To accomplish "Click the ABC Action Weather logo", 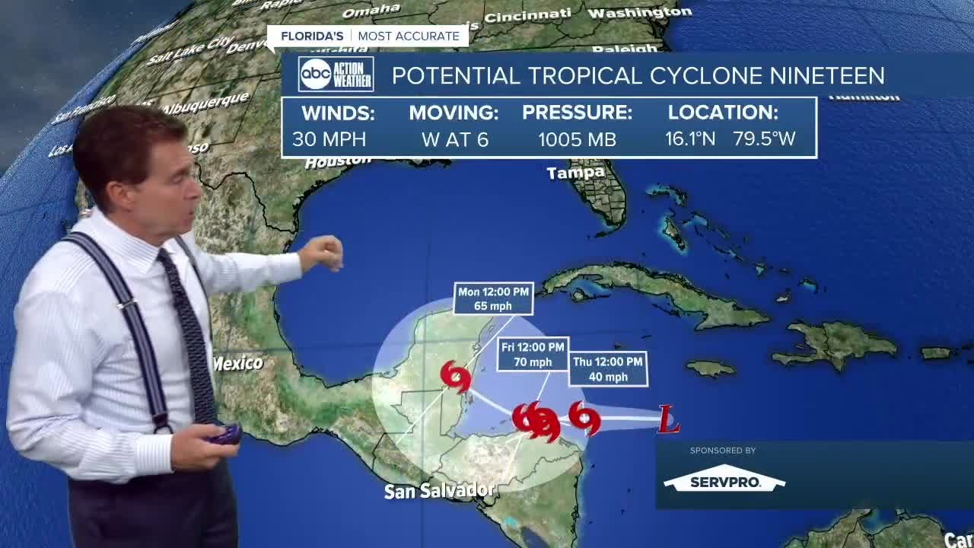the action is tap(336, 75).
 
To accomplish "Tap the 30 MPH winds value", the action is tap(329, 139).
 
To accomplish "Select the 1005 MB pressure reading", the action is tap(577, 139).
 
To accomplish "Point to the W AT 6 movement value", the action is tap(454, 139).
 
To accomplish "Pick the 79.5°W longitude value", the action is tap(764, 139).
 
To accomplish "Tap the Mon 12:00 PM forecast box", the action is tap(493, 298).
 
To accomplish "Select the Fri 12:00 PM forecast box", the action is tap(533, 355).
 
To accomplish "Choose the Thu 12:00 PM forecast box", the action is tap(608, 369).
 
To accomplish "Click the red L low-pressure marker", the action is tap(668, 419).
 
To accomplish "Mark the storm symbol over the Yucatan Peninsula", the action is tap(456, 376).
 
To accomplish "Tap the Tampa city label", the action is tap(575, 173).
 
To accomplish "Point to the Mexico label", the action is tap(238, 364).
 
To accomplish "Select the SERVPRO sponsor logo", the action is tap(724, 479).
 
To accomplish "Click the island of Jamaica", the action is tap(711, 369).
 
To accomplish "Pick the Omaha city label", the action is tap(371, 11).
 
